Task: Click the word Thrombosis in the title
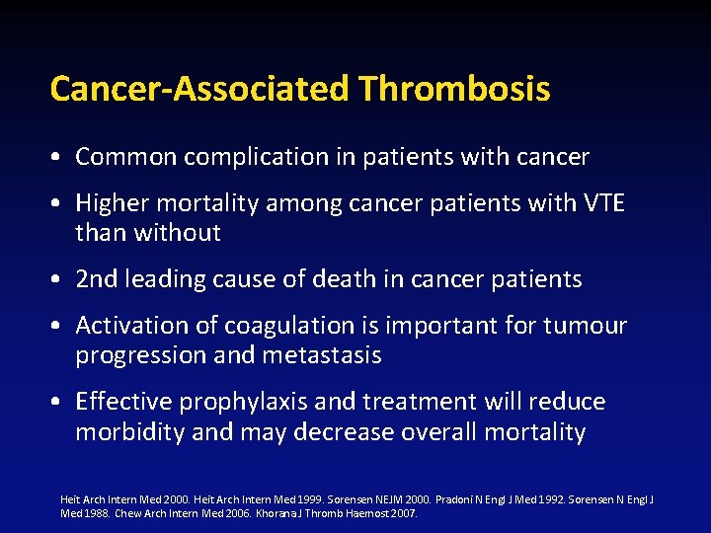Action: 454,89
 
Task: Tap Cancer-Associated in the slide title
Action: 200,89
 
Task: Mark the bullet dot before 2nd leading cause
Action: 60,280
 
